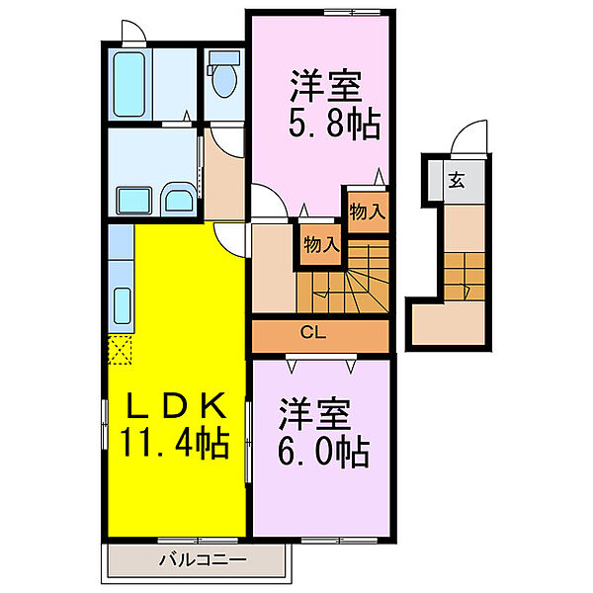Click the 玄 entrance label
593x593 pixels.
tap(456, 180)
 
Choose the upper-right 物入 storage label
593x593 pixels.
tap(366, 211)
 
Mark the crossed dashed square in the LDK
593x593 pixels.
tap(120, 349)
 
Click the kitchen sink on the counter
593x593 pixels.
tap(124, 300)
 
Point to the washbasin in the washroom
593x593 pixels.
tap(178, 202)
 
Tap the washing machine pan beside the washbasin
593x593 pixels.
tap(132, 201)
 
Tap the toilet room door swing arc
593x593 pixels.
tap(228, 138)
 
